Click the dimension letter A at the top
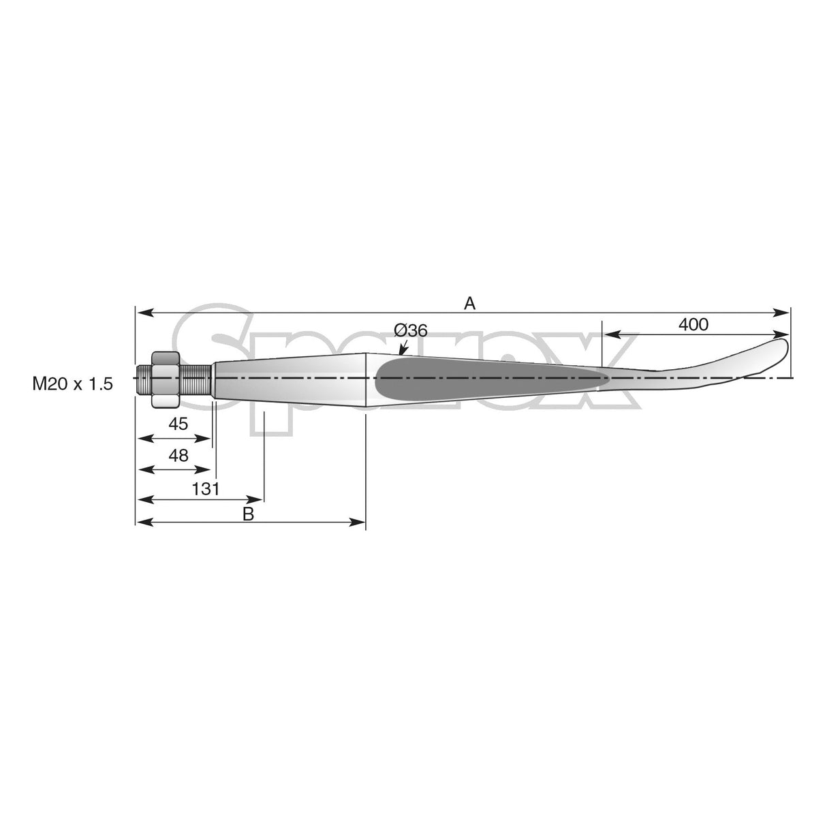click(469, 303)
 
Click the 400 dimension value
click(693, 325)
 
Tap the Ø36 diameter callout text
click(410, 331)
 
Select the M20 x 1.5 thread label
click(72, 384)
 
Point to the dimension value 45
click(178, 424)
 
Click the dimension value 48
click(178, 456)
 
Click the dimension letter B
click(248, 514)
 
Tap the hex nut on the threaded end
click(165, 379)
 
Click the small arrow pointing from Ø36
click(401, 348)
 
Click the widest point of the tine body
click(366, 380)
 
